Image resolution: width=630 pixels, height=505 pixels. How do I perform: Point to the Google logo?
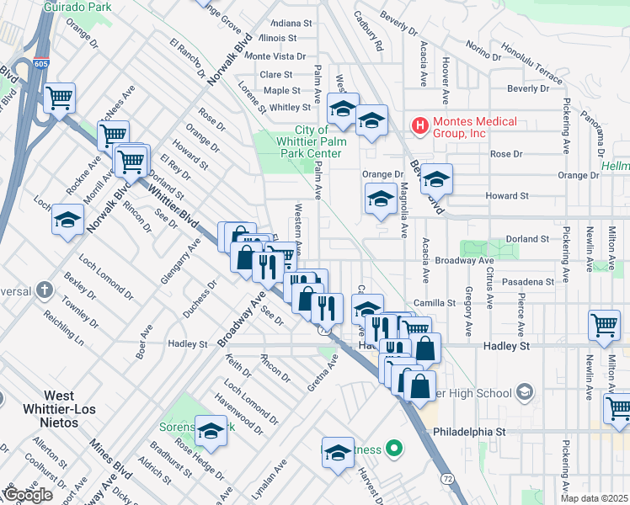(27, 494)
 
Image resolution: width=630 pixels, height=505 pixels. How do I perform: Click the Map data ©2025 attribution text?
(595, 498)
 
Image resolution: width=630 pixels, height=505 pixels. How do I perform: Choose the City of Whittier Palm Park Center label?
(311, 141)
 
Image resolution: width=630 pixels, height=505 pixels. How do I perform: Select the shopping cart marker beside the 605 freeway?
(60, 98)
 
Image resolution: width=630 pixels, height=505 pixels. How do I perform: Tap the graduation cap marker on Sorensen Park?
(211, 431)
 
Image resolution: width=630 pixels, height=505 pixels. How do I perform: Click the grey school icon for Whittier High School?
(525, 392)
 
